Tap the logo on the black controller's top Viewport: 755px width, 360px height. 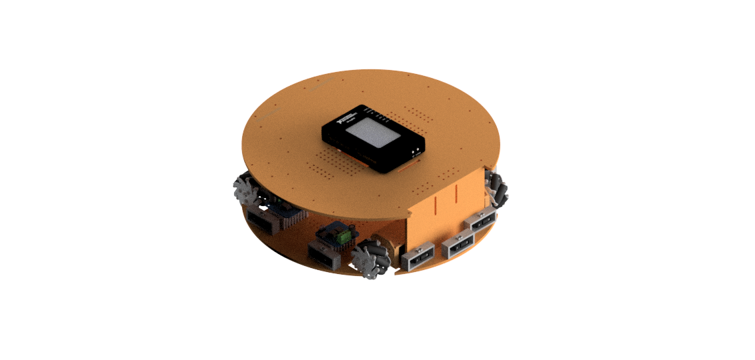(347, 119)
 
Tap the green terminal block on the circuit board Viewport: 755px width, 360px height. (344, 236)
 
